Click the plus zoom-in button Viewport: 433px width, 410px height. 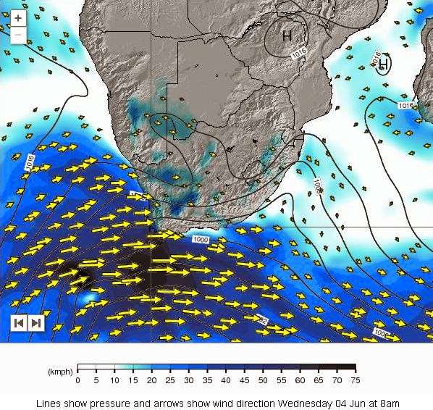click(18, 17)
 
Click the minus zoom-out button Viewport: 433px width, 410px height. click(18, 34)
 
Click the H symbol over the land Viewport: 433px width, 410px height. click(287, 35)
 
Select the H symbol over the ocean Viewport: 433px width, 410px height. click(383, 65)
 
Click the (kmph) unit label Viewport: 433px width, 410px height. click(59, 372)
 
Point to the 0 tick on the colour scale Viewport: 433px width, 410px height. click(77, 380)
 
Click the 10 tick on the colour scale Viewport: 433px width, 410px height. click(114, 380)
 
